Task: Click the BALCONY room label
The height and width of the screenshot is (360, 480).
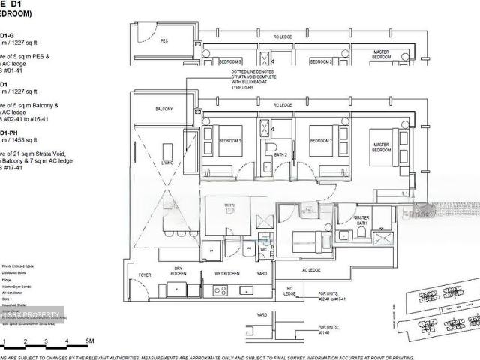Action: (164, 109)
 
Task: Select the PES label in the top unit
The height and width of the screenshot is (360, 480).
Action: (164, 42)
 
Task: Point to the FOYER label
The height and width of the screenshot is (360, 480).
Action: (145, 274)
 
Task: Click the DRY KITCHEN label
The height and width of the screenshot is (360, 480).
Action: (178, 271)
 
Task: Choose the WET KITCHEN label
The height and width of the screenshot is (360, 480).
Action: (226, 274)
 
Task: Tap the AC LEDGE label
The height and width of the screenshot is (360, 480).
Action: (311, 270)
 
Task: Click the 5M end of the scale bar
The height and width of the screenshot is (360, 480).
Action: (89, 341)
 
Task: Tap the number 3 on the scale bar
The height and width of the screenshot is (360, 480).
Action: (46, 341)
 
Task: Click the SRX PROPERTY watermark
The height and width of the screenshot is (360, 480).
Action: (30, 314)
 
